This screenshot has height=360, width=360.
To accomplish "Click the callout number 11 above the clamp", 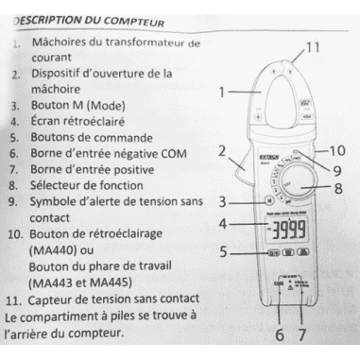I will [314, 44].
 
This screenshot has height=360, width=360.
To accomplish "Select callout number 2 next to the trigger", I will [220, 150].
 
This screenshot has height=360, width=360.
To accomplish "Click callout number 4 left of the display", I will [221, 225].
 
